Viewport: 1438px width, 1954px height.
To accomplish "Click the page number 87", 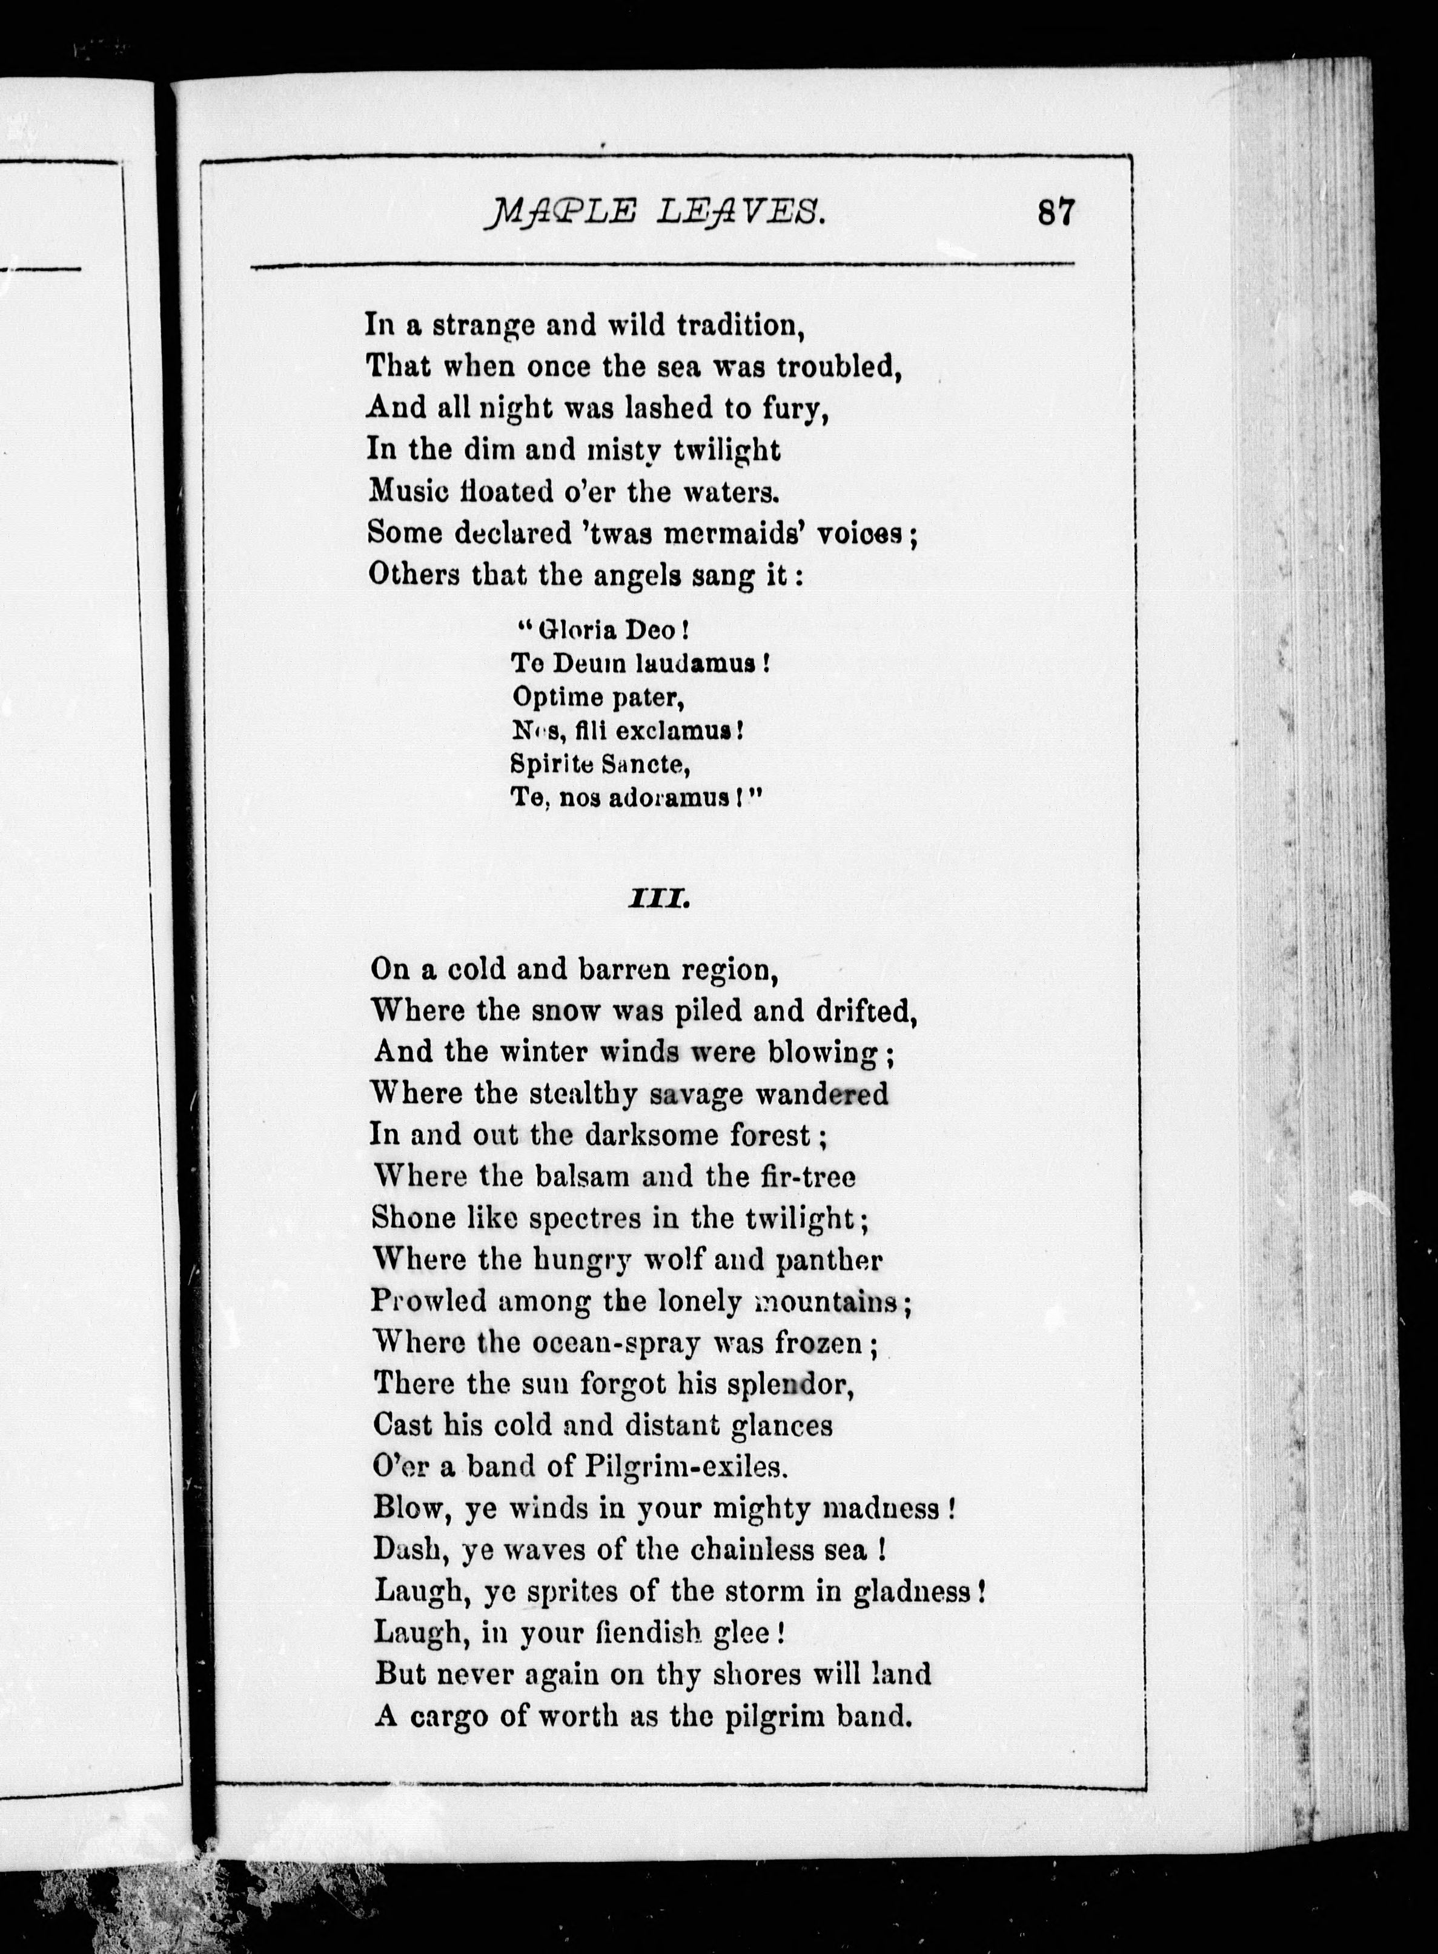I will [1056, 213].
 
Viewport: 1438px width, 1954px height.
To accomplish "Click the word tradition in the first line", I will [739, 325].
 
